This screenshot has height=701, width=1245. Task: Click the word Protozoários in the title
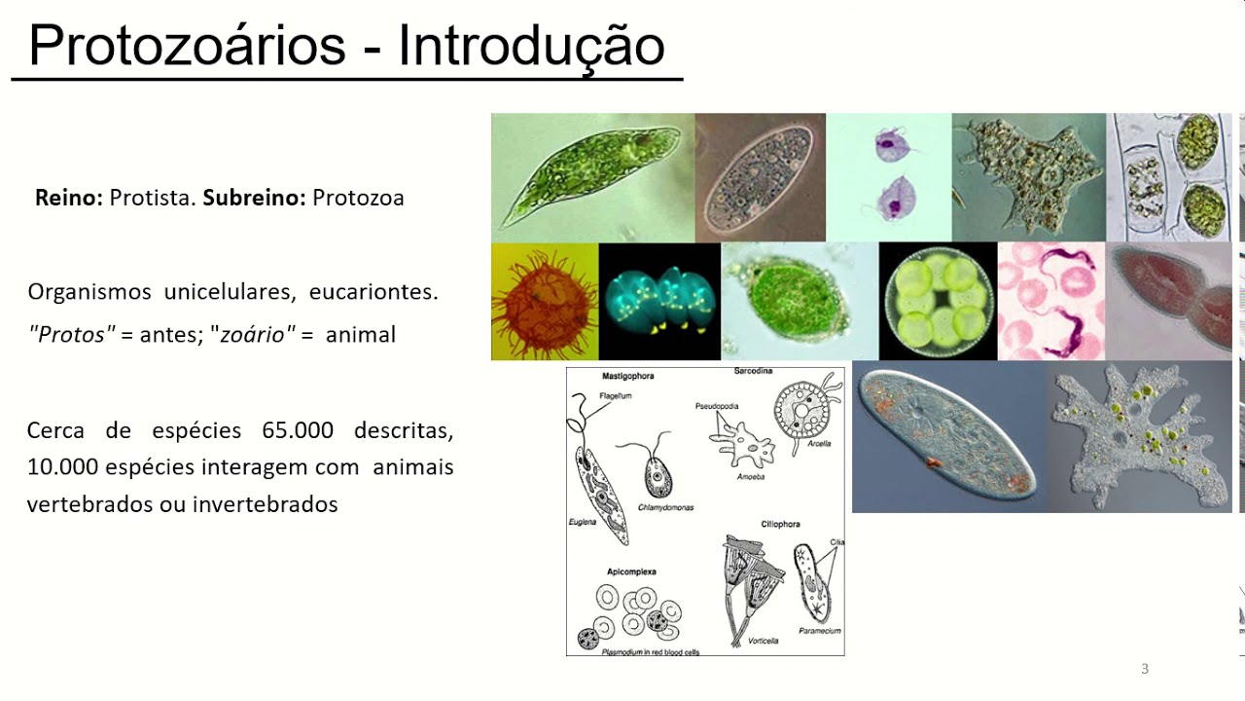tap(187, 45)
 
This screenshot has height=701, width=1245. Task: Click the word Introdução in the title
tap(531, 45)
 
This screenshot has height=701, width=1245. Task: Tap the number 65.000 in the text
tap(298, 430)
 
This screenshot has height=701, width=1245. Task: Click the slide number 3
tap(1145, 669)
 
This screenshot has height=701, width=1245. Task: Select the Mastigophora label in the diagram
tap(627, 376)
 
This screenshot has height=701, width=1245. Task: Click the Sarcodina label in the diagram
tap(753, 371)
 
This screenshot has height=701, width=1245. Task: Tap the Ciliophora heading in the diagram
tap(780, 524)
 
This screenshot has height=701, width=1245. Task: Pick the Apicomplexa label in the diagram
tap(630, 572)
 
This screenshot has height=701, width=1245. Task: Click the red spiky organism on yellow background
tap(544, 302)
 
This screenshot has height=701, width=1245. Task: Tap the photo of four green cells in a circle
tap(938, 302)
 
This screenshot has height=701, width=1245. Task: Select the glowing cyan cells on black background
tap(659, 302)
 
